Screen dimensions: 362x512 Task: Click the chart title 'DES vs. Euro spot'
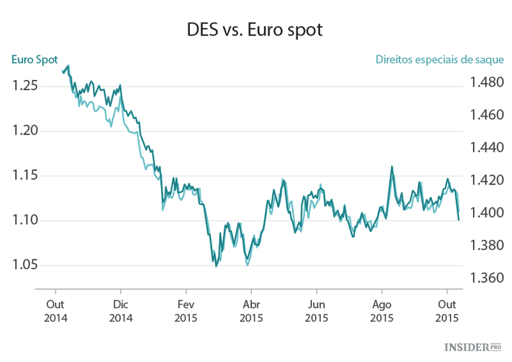pyautogui.click(x=255, y=31)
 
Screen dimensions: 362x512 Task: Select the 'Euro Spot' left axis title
pyautogui.click(x=34, y=59)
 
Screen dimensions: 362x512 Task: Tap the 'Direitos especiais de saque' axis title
pyautogui.click(x=440, y=59)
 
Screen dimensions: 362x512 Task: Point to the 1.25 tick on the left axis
pyautogui.click(x=26, y=86)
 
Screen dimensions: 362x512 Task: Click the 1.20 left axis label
pyautogui.click(x=26, y=131)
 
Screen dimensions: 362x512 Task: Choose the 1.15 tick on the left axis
pyautogui.click(x=26, y=176)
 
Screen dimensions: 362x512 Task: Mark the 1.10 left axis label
pyautogui.click(x=26, y=221)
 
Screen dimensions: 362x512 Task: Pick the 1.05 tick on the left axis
pyautogui.click(x=26, y=265)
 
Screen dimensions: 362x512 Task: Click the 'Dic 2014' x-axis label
pyautogui.click(x=121, y=311)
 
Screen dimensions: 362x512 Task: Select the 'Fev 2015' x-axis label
pyautogui.click(x=186, y=311)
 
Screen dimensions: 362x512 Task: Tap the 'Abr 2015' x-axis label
pyautogui.click(x=251, y=311)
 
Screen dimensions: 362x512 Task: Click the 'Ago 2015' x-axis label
pyautogui.click(x=382, y=311)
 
